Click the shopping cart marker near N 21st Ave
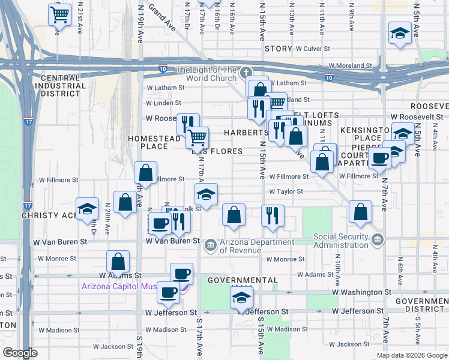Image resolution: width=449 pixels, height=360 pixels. (x=59, y=15)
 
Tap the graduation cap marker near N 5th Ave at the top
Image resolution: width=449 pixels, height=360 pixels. (x=399, y=34)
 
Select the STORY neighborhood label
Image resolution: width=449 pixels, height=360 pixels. (x=278, y=49)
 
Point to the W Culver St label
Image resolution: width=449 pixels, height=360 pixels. (x=313, y=49)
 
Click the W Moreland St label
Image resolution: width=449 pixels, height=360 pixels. (x=351, y=66)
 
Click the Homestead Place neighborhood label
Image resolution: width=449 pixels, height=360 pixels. (x=154, y=142)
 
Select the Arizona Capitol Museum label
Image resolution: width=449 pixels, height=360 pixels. (x=120, y=286)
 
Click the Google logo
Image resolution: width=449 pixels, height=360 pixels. (x=20, y=353)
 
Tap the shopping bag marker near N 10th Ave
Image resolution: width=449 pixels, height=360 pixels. (x=360, y=212)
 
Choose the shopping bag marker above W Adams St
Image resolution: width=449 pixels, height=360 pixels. (x=118, y=261)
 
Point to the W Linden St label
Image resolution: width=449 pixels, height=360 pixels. (x=164, y=103)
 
